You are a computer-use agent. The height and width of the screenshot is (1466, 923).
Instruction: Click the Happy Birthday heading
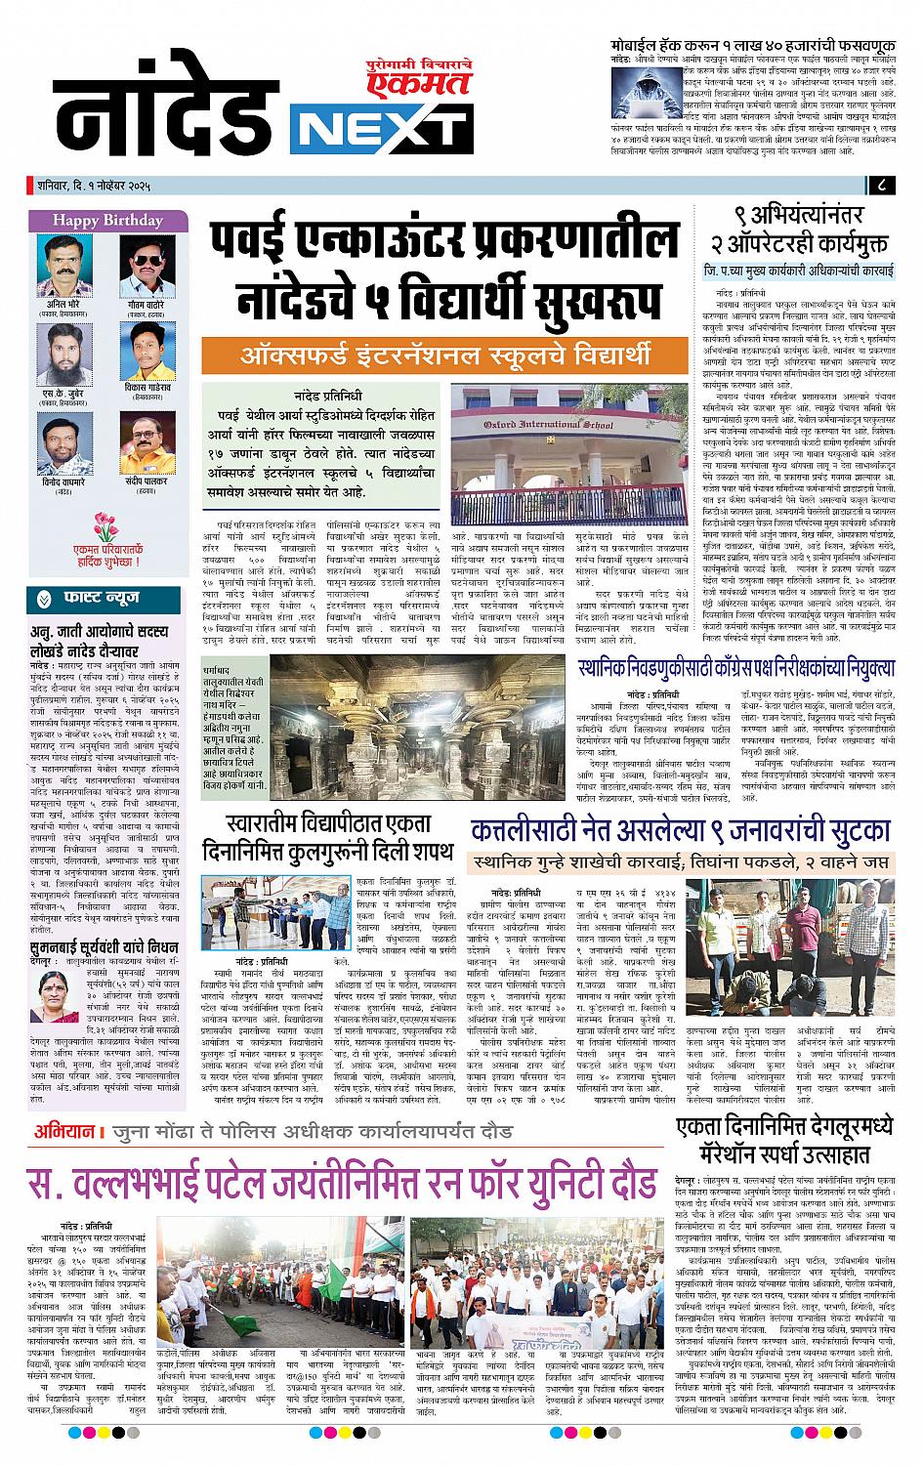pyautogui.click(x=95, y=219)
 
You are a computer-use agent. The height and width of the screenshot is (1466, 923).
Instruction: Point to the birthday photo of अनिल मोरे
pyautogui.click(x=62, y=264)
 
